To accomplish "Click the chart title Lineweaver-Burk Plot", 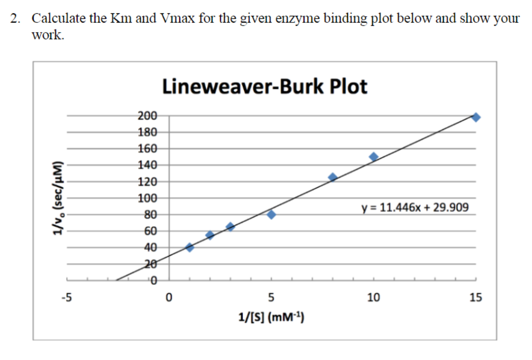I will [264, 86].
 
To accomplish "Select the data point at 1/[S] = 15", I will [476, 117].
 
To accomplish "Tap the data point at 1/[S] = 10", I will [373, 157].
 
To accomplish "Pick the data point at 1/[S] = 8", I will [333, 177].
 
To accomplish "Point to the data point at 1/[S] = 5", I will [271, 215].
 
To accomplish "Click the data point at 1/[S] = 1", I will [190, 248].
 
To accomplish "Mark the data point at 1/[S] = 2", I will [210, 235].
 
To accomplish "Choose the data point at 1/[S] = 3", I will [230, 227].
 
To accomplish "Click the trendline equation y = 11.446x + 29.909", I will [415, 207].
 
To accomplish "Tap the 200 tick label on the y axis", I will [147, 116].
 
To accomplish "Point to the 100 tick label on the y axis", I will [147, 198].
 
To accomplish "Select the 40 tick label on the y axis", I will [150, 248].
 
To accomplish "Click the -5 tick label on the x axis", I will [66, 297].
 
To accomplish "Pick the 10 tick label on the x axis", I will [373, 297].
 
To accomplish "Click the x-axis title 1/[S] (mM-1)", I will [271, 318].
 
